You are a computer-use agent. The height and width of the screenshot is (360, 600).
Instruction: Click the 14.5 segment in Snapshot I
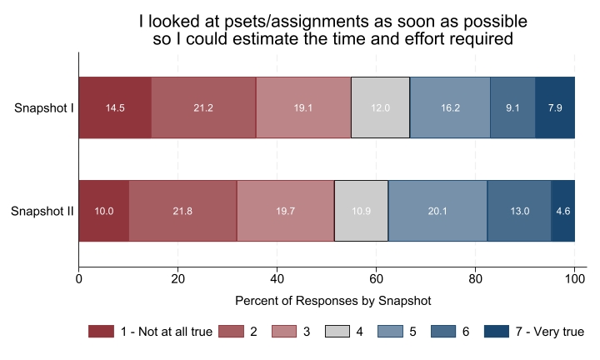click(115, 107)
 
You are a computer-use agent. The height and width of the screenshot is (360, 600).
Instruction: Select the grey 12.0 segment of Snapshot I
click(380, 107)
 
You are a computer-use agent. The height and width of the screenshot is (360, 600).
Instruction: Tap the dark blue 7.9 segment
click(555, 107)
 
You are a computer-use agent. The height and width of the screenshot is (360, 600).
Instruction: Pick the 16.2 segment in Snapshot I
click(450, 107)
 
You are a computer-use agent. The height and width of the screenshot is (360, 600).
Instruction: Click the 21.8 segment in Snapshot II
click(182, 211)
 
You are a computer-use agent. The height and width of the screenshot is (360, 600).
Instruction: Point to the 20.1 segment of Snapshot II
click(437, 211)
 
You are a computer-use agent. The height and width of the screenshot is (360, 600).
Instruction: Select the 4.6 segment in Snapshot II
click(563, 211)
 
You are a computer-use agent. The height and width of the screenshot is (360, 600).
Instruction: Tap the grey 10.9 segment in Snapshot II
click(362, 211)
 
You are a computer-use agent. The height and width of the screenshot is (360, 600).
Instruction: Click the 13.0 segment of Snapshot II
click(519, 211)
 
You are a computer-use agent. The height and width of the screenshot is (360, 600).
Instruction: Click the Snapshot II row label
click(42, 211)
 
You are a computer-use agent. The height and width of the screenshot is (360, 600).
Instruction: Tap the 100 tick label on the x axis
click(574, 279)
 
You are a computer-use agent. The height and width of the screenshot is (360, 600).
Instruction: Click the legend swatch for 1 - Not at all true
click(99, 332)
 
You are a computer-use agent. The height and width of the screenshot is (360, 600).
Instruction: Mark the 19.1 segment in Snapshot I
click(303, 107)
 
